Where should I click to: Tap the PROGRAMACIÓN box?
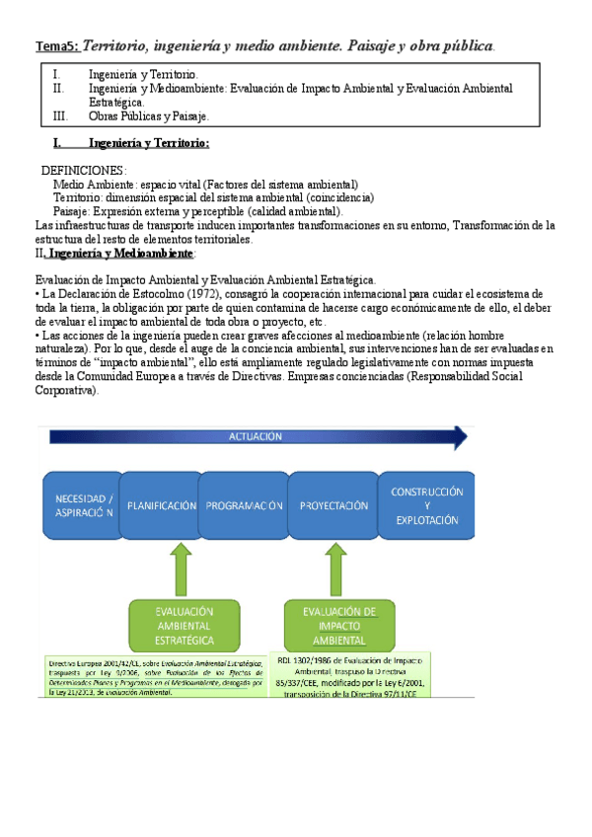click(x=244, y=504)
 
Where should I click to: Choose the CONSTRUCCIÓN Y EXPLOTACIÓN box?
click(x=426, y=504)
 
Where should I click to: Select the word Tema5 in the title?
click(x=56, y=46)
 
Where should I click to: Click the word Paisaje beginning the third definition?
click(x=72, y=211)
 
